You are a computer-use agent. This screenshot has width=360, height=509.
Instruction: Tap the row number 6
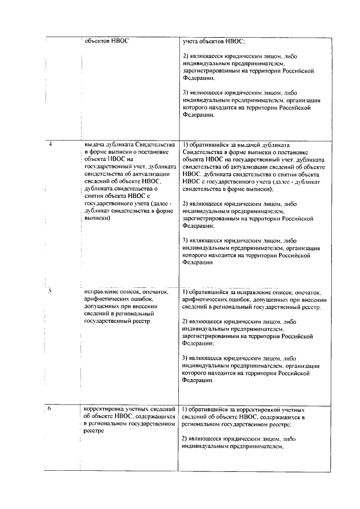coord(50,409)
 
